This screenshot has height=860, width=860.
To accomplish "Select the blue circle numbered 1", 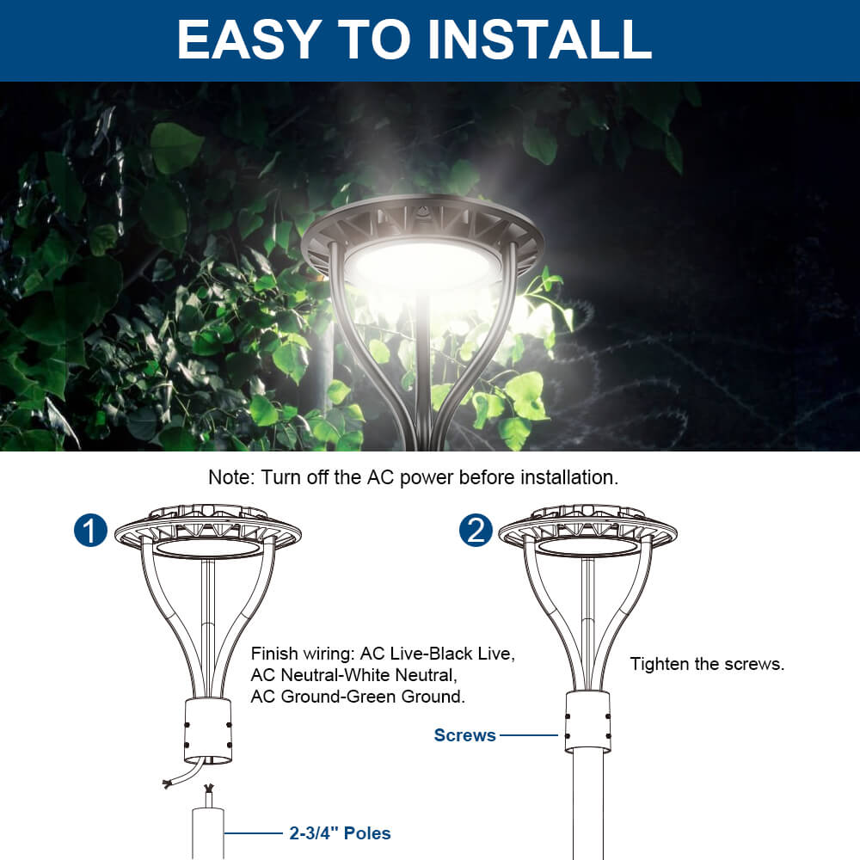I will tap(90, 531).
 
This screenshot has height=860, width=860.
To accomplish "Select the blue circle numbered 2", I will tap(476, 531).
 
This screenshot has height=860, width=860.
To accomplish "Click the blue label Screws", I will tap(464, 735).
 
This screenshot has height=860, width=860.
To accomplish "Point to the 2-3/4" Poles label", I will tap(339, 833).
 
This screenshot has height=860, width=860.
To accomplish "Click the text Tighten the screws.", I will tap(707, 664).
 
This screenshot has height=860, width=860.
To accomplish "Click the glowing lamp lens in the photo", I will tap(421, 262).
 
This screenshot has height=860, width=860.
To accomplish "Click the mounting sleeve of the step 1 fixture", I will tap(208, 730).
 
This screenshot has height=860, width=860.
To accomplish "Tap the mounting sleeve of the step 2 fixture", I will tap(588, 721).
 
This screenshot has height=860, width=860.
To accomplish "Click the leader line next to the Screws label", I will tap(530, 735).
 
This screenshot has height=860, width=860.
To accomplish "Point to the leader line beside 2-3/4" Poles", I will tap(255, 833).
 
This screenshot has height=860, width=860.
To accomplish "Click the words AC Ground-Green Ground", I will tap(358, 697).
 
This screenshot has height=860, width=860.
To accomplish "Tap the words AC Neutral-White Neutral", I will tap(352, 675).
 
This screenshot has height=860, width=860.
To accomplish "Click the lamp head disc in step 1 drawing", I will tap(208, 529).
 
